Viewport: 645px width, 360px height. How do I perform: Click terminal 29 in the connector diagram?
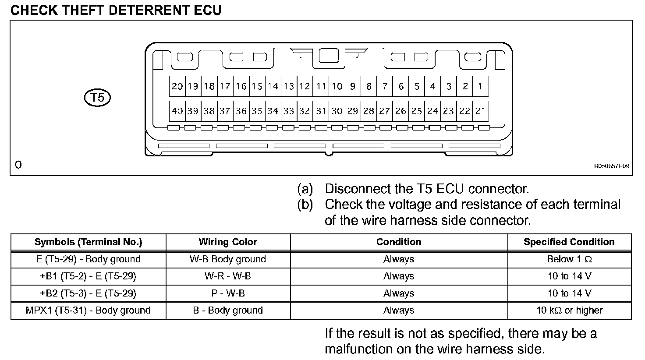[353, 111]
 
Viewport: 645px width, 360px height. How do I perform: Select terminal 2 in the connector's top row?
[465, 86]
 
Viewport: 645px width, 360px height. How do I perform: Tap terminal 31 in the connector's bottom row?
[321, 111]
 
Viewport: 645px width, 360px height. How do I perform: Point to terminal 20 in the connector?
[177, 86]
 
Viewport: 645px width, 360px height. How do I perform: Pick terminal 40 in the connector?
[177, 111]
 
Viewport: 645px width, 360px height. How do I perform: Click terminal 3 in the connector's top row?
[449, 86]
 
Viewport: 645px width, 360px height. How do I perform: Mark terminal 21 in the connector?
[481, 111]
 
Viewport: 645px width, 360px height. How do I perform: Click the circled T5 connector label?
[97, 97]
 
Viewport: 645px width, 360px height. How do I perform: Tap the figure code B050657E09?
[611, 166]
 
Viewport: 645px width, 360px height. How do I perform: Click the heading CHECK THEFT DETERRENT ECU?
[116, 10]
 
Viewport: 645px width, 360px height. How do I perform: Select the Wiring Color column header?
[228, 242]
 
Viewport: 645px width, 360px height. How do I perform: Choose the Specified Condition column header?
[569, 242]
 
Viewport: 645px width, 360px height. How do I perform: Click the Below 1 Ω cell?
[569, 259]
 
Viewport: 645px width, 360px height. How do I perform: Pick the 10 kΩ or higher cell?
[569, 311]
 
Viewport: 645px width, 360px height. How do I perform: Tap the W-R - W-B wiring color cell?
[228, 276]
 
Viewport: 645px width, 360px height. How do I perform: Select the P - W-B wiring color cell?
[228, 293]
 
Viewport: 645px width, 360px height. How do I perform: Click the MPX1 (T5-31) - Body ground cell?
[88, 311]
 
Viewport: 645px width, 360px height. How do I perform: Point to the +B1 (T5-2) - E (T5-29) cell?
[88, 276]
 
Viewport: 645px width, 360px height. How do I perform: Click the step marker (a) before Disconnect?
[305, 189]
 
